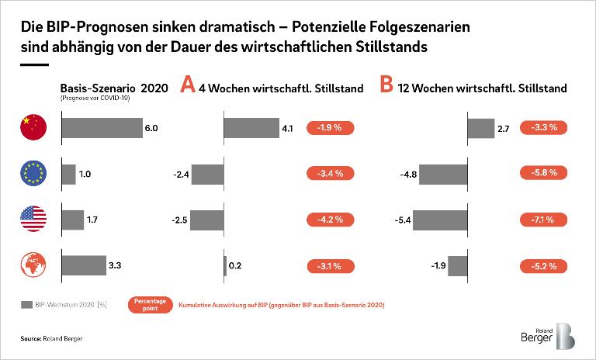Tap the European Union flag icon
(33, 174)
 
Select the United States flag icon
(33, 220)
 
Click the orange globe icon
(33, 266)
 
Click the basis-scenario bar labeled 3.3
(83, 266)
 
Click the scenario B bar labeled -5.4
(441, 220)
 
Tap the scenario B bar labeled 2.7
(480, 128)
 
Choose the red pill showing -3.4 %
(331, 174)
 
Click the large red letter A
(187, 85)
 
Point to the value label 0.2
(236, 266)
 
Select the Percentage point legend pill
(151, 304)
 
